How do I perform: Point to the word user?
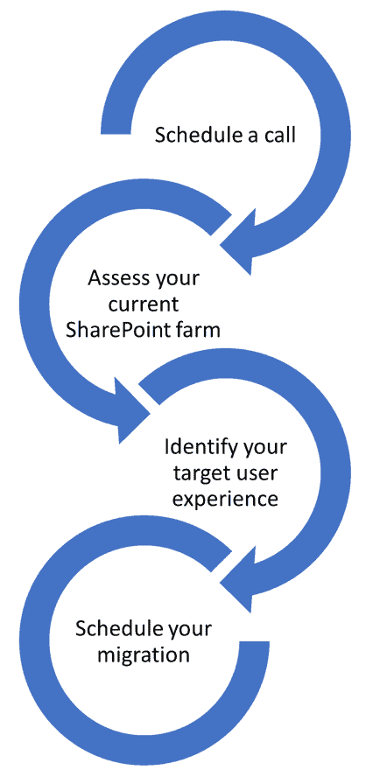pyautogui.click(x=253, y=473)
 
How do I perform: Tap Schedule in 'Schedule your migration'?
pyautogui.click(x=111, y=629)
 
